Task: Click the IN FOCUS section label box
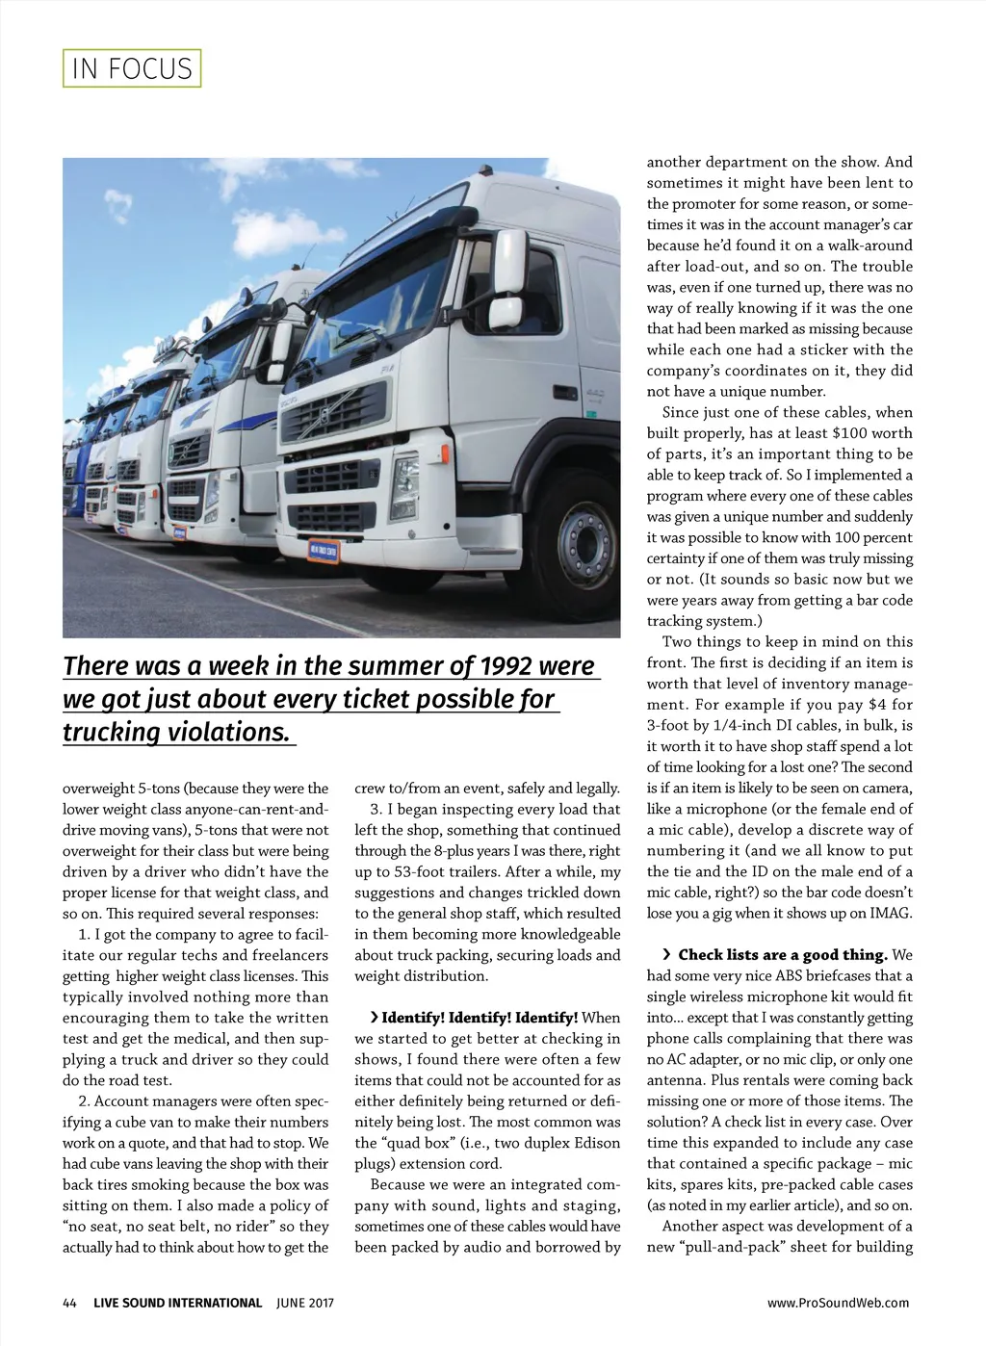click(132, 68)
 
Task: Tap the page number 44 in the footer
click(69, 1303)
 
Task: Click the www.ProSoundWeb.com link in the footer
click(838, 1303)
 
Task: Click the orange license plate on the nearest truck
click(323, 551)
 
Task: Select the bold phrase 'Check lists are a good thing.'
click(782, 955)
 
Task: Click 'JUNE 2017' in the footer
click(304, 1303)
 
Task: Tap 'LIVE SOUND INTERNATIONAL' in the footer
click(177, 1303)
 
